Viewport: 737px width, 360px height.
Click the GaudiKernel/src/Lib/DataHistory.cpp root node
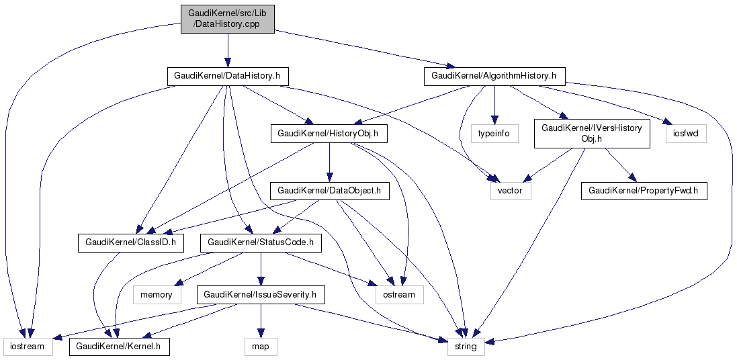pyautogui.click(x=227, y=19)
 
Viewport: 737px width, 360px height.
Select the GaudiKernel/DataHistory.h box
pyautogui.click(x=228, y=76)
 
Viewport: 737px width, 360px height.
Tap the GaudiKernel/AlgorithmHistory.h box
pyautogui.click(x=494, y=76)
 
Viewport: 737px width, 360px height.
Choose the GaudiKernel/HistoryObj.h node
pyautogui.click(x=329, y=134)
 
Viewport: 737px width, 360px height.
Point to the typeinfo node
pyautogui.click(x=494, y=134)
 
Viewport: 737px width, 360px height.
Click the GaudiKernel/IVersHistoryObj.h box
pyautogui.click(x=591, y=133)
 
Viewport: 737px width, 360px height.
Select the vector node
pyautogui.click(x=511, y=191)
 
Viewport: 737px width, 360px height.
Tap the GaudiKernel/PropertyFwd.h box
pyautogui.click(x=644, y=191)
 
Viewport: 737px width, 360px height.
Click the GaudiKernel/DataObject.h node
pyautogui.click(x=329, y=191)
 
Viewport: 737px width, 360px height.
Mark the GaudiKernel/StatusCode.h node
pyautogui.click(x=261, y=242)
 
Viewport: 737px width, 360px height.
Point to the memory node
pyautogui.click(x=157, y=294)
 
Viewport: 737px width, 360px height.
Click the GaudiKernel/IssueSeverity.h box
pyautogui.click(x=261, y=294)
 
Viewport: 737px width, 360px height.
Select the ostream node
pyautogui.click(x=400, y=294)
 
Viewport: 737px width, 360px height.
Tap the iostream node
pyautogui.click(x=28, y=347)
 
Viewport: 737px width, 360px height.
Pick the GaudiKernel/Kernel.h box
pyautogui.click(x=119, y=347)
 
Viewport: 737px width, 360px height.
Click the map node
pyautogui.click(x=261, y=347)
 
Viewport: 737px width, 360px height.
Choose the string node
pyautogui.click(x=466, y=347)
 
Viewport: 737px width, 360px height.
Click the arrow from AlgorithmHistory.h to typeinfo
pyautogui.click(x=494, y=104)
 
